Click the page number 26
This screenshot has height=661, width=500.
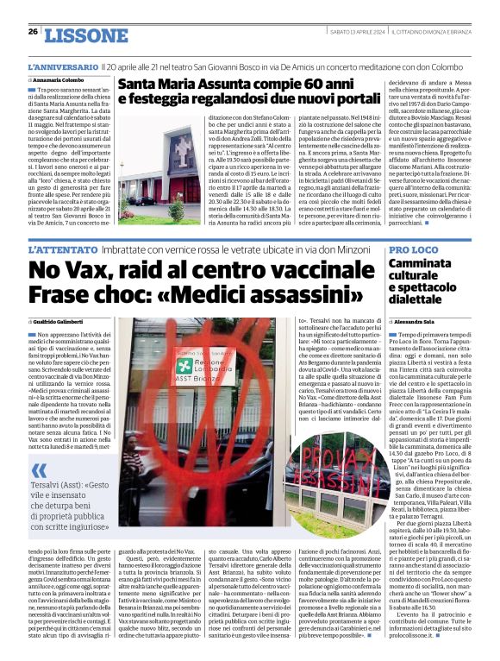pos(32,31)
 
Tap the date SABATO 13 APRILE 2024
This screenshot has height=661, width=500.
pos(359,31)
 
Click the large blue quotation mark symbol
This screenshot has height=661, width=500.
pos(40,470)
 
